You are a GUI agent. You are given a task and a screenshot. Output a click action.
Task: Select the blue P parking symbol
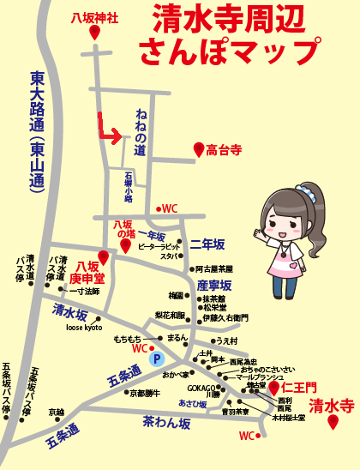pyautogui.click(x=156, y=359)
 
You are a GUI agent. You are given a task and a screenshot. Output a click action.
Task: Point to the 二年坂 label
pyautogui.click(x=207, y=243)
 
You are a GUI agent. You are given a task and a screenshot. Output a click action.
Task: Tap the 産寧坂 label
pyautogui.click(x=213, y=285)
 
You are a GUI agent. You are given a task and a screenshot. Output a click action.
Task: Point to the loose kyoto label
pyautogui.click(x=83, y=328)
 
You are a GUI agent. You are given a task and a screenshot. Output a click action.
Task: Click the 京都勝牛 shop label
pyautogui.click(x=145, y=393)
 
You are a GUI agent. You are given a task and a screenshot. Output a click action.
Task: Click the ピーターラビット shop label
pyautogui.click(x=157, y=246)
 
